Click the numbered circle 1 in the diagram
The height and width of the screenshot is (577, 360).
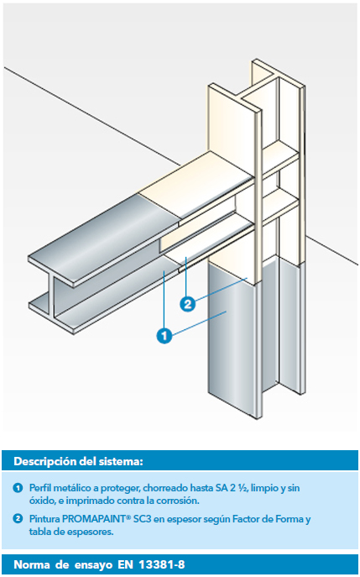164,336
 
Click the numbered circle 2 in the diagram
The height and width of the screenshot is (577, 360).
187,304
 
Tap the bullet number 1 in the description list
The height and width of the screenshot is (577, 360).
18,488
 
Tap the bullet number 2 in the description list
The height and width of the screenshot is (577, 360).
18,519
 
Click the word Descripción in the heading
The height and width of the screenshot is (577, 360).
42,461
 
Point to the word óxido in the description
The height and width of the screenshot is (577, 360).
41,501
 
